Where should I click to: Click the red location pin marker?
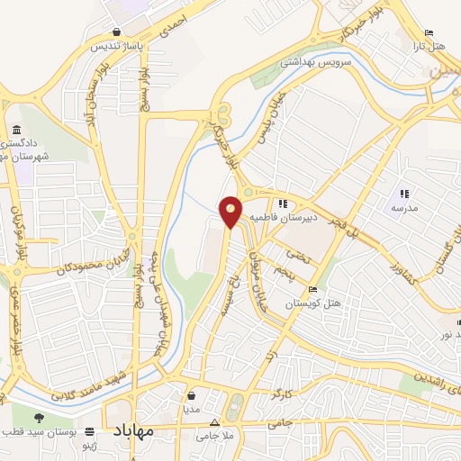pyautogui.click(x=231, y=211)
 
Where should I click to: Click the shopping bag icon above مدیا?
pyautogui.click(x=192, y=394)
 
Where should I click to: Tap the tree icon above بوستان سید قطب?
pyautogui.click(x=39, y=419)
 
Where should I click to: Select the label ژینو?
pyautogui.click(x=91, y=445)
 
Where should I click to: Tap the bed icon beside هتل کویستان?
pyautogui.click(x=312, y=290)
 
